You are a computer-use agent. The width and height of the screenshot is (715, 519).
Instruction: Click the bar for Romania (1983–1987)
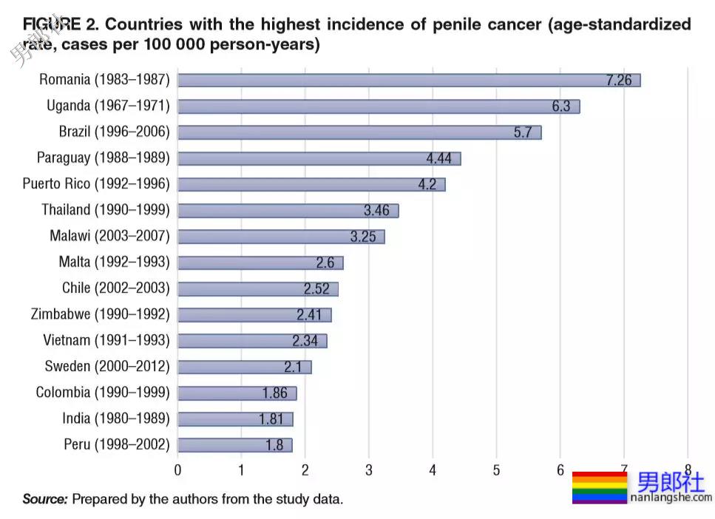tap(408, 80)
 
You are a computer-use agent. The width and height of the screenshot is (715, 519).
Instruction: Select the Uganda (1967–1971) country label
tap(108, 106)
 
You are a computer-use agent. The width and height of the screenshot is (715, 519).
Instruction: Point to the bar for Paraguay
tap(319, 158)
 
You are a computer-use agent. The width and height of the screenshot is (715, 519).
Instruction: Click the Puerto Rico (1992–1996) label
tap(96, 184)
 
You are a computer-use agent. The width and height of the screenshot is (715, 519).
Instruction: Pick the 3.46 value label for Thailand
tap(376, 211)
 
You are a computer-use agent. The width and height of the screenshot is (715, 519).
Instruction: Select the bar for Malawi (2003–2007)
tap(281, 237)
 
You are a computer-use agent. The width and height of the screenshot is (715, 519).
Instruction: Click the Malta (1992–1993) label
tap(114, 262)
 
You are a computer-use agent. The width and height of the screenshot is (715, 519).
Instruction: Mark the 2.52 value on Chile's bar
tap(316, 289)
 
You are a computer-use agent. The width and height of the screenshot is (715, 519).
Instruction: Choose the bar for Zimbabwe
tap(254, 315)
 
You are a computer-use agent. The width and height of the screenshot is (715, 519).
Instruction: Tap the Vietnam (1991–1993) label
tap(106, 341)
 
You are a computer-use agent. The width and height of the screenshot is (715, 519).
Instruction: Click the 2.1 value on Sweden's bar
tap(293, 367)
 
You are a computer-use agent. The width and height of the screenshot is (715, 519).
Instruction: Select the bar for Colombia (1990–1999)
tap(237, 393)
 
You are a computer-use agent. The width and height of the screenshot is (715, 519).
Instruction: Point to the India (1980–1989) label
tap(116, 419)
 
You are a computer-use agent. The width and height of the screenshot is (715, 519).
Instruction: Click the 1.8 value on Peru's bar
tap(274, 445)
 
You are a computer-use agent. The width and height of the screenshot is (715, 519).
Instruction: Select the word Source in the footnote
tap(45, 499)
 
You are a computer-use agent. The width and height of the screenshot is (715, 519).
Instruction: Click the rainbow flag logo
tap(599, 487)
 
